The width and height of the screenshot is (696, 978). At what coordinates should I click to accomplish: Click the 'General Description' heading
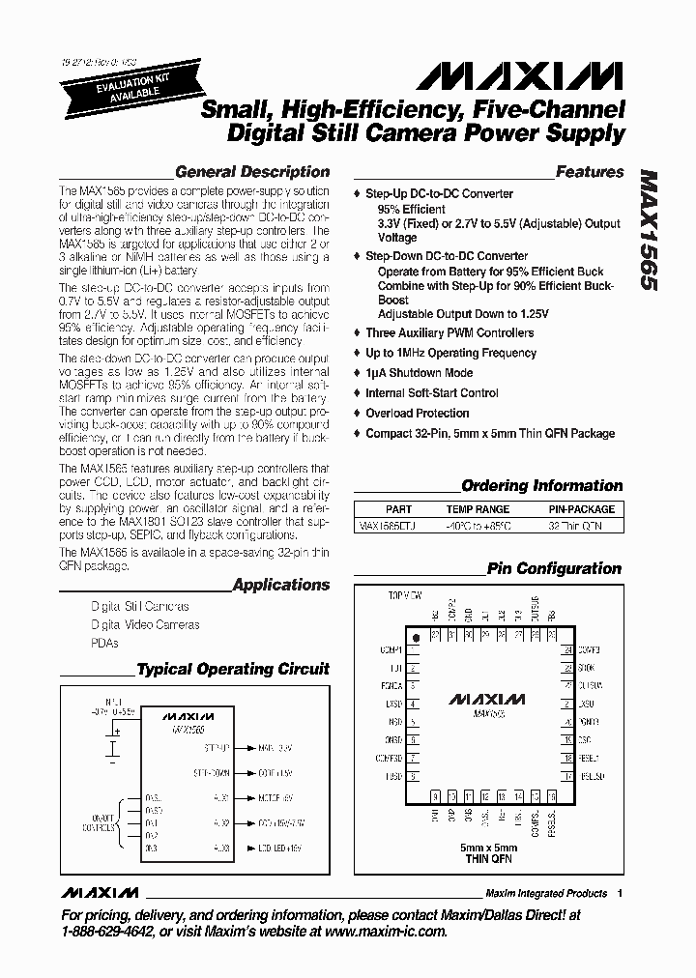tap(253, 172)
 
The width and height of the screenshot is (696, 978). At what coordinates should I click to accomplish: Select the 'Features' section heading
tap(590, 172)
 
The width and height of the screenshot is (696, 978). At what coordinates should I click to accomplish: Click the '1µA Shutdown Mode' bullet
tap(419, 373)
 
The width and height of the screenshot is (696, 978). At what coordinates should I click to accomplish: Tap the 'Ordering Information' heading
tap(541, 486)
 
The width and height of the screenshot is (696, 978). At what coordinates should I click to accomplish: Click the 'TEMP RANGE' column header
tap(478, 509)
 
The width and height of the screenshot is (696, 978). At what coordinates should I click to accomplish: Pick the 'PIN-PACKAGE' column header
tap(581, 509)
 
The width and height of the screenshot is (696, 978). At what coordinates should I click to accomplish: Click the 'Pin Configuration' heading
tap(554, 569)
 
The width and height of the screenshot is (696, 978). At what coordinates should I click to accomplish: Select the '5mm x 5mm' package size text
tap(488, 848)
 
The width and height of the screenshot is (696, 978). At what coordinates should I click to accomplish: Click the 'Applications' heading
tap(281, 585)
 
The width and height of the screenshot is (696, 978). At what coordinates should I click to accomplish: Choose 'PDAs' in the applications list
tap(104, 643)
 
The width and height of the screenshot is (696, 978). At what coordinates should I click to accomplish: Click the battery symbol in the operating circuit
tap(115, 746)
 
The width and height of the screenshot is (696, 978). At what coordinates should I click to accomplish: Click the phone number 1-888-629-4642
tap(108, 932)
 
